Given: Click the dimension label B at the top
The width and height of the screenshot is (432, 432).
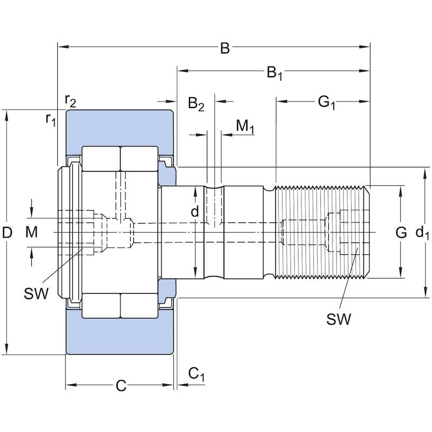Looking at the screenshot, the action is (225, 48).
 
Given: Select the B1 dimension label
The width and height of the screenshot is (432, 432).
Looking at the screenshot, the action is (275, 73).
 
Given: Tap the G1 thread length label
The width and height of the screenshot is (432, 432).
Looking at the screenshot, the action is (327, 103).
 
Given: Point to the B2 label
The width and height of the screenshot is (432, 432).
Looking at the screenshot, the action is (196, 104).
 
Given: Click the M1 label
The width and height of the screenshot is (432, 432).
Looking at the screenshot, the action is (245, 126).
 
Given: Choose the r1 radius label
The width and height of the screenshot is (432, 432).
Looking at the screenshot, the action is (51, 120).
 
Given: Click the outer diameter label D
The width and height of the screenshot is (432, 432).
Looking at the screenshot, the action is (8, 233).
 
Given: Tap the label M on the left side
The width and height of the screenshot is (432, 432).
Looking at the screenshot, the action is (31, 232).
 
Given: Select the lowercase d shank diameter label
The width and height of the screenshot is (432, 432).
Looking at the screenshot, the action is (195, 211).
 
